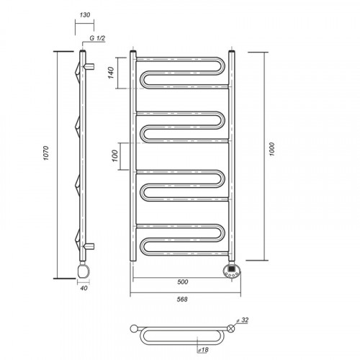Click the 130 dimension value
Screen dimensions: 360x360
click(x=85, y=15)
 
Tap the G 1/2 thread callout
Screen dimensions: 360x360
click(x=97, y=38)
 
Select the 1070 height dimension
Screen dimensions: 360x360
click(x=46, y=153)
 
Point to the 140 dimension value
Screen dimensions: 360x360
click(x=111, y=73)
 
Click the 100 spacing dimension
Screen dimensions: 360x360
click(x=115, y=156)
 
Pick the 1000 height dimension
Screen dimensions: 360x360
click(x=271, y=149)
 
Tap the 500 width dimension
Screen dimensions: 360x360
click(x=183, y=282)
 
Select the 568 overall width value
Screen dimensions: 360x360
click(x=182, y=300)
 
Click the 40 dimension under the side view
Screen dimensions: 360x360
click(x=84, y=288)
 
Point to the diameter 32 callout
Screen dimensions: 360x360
click(x=243, y=320)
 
